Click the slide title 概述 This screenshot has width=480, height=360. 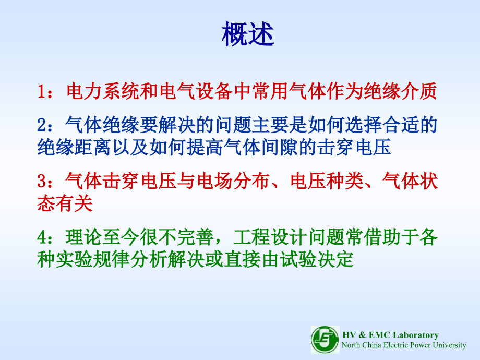point(247,34)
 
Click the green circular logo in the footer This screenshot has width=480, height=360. point(325,340)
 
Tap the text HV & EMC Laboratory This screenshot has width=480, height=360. point(390,335)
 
